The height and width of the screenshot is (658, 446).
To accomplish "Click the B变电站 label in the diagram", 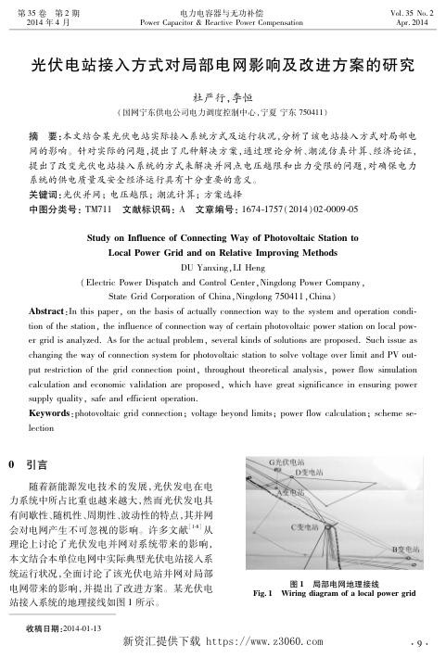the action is click(x=407, y=550).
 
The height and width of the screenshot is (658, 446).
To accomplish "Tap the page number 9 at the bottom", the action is click(x=417, y=641).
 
